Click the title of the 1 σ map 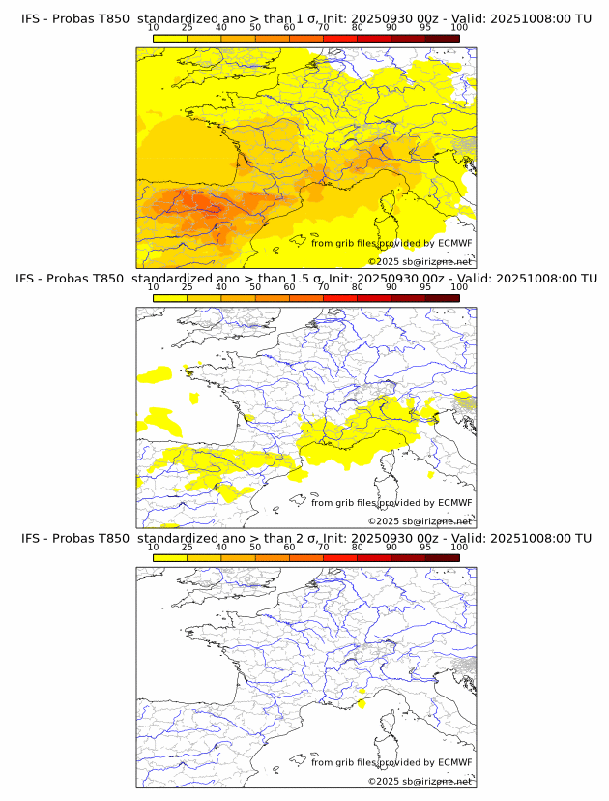(305, 19)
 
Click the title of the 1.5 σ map (305, 279)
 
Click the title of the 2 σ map (305, 538)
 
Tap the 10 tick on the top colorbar (154, 28)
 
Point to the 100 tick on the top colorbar (459, 28)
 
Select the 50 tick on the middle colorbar (255, 287)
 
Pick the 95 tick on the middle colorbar (425, 287)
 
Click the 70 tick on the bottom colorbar (323, 547)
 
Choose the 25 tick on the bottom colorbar (188, 547)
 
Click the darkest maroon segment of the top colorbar (442, 39)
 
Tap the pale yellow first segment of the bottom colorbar (170, 557)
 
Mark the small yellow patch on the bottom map (361, 691)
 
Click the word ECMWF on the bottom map (455, 762)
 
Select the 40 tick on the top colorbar (221, 28)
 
